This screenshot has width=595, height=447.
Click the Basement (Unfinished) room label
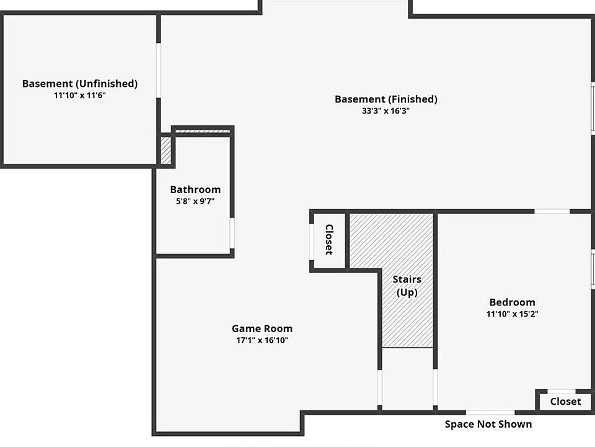(x=80, y=83)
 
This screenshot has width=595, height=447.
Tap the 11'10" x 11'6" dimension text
(x=80, y=96)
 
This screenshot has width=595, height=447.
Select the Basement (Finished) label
(x=386, y=99)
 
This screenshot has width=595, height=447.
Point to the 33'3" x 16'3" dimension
(x=386, y=111)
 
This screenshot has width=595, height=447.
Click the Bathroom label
(x=195, y=189)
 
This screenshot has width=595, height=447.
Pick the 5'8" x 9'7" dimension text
(x=195, y=201)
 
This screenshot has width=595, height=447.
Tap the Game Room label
(x=262, y=328)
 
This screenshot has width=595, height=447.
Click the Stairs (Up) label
(x=407, y=286)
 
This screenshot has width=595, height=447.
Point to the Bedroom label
(x=512, y=302)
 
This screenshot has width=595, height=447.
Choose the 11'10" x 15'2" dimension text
(x=512, y=314)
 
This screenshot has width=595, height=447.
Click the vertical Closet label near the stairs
(x=329, y=240)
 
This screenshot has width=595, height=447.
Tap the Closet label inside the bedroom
(x=565, y=401)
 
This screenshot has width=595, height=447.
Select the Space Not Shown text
(x=488, y=424)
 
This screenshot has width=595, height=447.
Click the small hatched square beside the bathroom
(x=165, y=150)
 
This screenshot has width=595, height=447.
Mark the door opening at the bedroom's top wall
(x=552, y=212)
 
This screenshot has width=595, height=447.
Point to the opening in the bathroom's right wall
(x=232, y=233)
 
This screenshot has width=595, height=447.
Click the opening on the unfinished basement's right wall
(x=159, y=70)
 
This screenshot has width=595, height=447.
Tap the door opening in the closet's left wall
(x=311, y=239)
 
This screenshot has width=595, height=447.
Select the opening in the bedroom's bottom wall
(x=490, y=412)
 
